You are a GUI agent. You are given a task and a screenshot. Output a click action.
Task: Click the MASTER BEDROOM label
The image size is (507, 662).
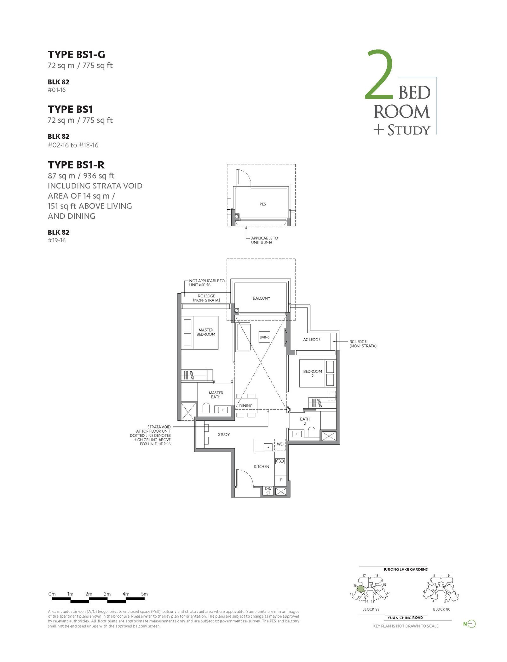206,332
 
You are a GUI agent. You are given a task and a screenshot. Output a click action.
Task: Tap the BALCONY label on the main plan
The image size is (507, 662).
261,298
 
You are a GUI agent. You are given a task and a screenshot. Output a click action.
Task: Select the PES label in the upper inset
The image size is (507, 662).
263,204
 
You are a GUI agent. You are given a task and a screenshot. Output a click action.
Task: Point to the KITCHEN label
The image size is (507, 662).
261,467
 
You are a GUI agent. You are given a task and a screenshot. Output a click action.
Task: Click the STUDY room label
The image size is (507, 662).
224,434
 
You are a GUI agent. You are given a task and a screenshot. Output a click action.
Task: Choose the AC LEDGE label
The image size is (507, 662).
311,340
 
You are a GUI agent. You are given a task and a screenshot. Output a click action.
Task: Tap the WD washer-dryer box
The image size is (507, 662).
280,444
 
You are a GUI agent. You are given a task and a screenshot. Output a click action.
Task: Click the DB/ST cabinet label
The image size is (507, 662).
268,491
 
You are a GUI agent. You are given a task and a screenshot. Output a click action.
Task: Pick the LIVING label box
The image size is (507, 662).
264,337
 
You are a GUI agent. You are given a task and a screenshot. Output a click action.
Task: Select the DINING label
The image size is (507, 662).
246,406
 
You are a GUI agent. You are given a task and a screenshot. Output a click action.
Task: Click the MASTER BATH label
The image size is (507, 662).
216,395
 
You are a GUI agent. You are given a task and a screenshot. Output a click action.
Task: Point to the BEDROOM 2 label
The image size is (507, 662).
312,373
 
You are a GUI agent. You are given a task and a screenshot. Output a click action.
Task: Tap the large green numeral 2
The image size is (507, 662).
379,74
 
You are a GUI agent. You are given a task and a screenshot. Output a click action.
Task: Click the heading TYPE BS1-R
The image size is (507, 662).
76,165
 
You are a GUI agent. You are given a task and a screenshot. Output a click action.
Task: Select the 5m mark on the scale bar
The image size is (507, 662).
144,594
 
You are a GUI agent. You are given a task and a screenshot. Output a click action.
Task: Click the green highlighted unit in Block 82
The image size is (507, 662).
361,589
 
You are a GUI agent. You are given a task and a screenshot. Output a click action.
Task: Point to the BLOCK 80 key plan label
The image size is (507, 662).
441,609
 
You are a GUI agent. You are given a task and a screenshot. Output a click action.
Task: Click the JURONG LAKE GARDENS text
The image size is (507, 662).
406,569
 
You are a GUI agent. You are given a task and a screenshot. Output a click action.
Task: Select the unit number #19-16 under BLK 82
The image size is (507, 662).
57,240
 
